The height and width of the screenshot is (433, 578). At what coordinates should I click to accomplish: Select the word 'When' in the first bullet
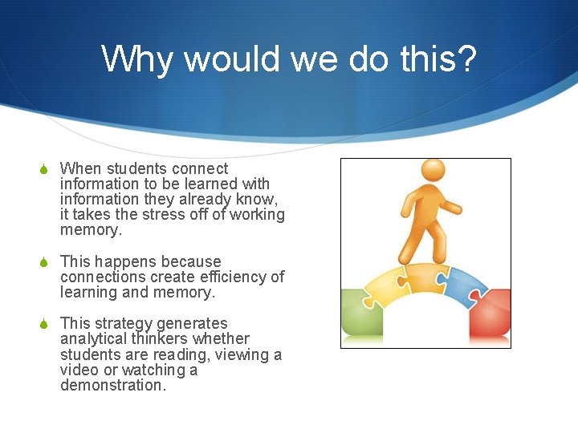click(81, 169)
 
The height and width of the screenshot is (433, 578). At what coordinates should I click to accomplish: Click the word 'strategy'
click(124, 324)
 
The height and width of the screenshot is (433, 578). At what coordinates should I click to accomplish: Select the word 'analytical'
click(94, 339)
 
